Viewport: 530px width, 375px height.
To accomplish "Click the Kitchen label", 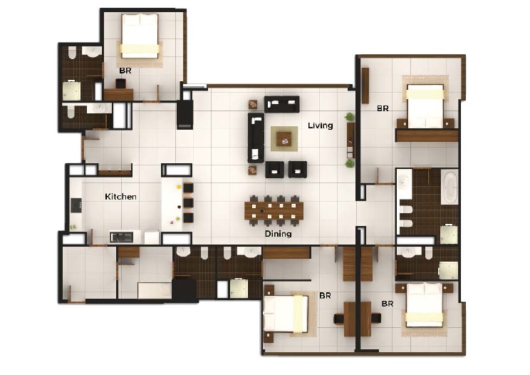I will click(120, 196).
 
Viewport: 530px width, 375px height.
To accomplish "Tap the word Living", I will click(320, 125).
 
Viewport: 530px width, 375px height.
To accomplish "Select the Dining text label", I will click(277, 233).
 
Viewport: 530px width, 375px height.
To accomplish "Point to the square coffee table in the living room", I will click(284, 136).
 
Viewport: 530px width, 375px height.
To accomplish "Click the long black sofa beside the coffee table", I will click(255, 138).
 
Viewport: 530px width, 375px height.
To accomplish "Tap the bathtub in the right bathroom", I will click(451, 187).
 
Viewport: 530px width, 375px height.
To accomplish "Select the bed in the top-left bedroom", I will click(140, 37).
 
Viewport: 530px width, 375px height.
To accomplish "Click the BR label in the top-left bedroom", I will click(125, 71).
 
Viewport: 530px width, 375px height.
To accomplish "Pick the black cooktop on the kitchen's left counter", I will click(75, 205).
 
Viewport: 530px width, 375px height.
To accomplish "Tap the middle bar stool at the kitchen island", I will click(188, 203).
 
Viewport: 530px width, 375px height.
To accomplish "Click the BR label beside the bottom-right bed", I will click(387, 303).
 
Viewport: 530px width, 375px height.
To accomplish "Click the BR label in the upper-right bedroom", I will click(383, 108).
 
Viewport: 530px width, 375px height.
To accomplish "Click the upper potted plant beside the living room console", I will click(350, 117).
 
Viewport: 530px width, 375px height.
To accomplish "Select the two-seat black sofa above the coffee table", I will click(281, 104).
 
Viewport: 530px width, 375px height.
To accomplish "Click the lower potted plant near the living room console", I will click(350, 163).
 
